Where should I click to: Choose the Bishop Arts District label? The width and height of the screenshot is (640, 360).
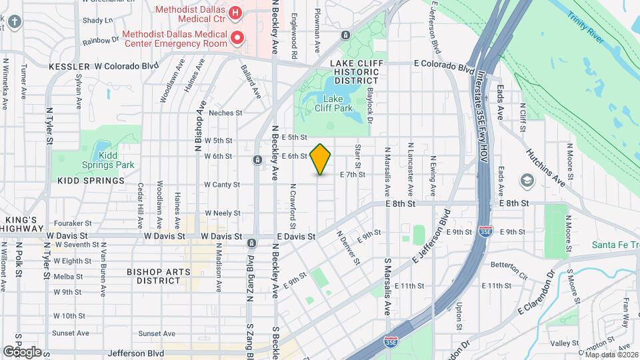click(159, 276)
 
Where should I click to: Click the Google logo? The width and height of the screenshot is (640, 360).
click(22, 351)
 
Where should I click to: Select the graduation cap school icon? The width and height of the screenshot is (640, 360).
click(527, 181)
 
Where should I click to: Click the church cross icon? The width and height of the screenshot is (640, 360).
click(15, 21)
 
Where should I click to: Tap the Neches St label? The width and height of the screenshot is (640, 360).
click(224, 113)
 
